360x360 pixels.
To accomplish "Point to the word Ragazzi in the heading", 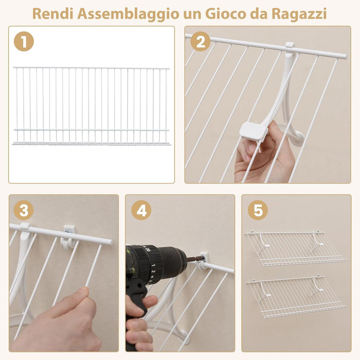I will click(300, 13).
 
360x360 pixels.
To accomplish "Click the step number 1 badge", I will click(24, 41).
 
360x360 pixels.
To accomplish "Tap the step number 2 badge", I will click(200, 41).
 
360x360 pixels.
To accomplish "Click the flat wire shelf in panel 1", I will click(92, 105).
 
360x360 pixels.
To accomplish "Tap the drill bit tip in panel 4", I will click(197, 259).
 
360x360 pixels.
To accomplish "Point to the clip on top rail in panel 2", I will click(290, 48).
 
